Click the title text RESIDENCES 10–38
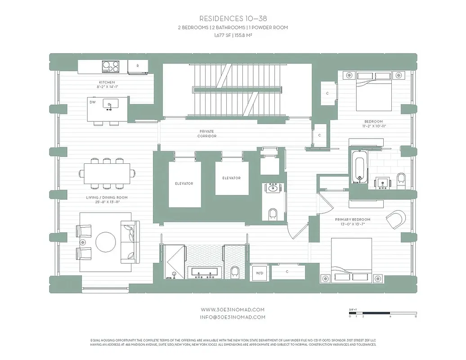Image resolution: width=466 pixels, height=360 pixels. click(233, 18)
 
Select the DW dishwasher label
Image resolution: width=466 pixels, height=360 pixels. click(93, 102)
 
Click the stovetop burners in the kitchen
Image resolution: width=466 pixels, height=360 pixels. click(111, 67)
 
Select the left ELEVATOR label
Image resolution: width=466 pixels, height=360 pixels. click(184, 184)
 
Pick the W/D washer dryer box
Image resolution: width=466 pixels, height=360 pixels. click(260, 273)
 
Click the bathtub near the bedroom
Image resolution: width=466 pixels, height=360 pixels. click(358, 167)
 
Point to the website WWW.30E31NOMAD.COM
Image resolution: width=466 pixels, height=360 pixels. click(233, 310)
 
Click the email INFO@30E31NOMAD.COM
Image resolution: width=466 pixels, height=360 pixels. click(233, 317)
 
